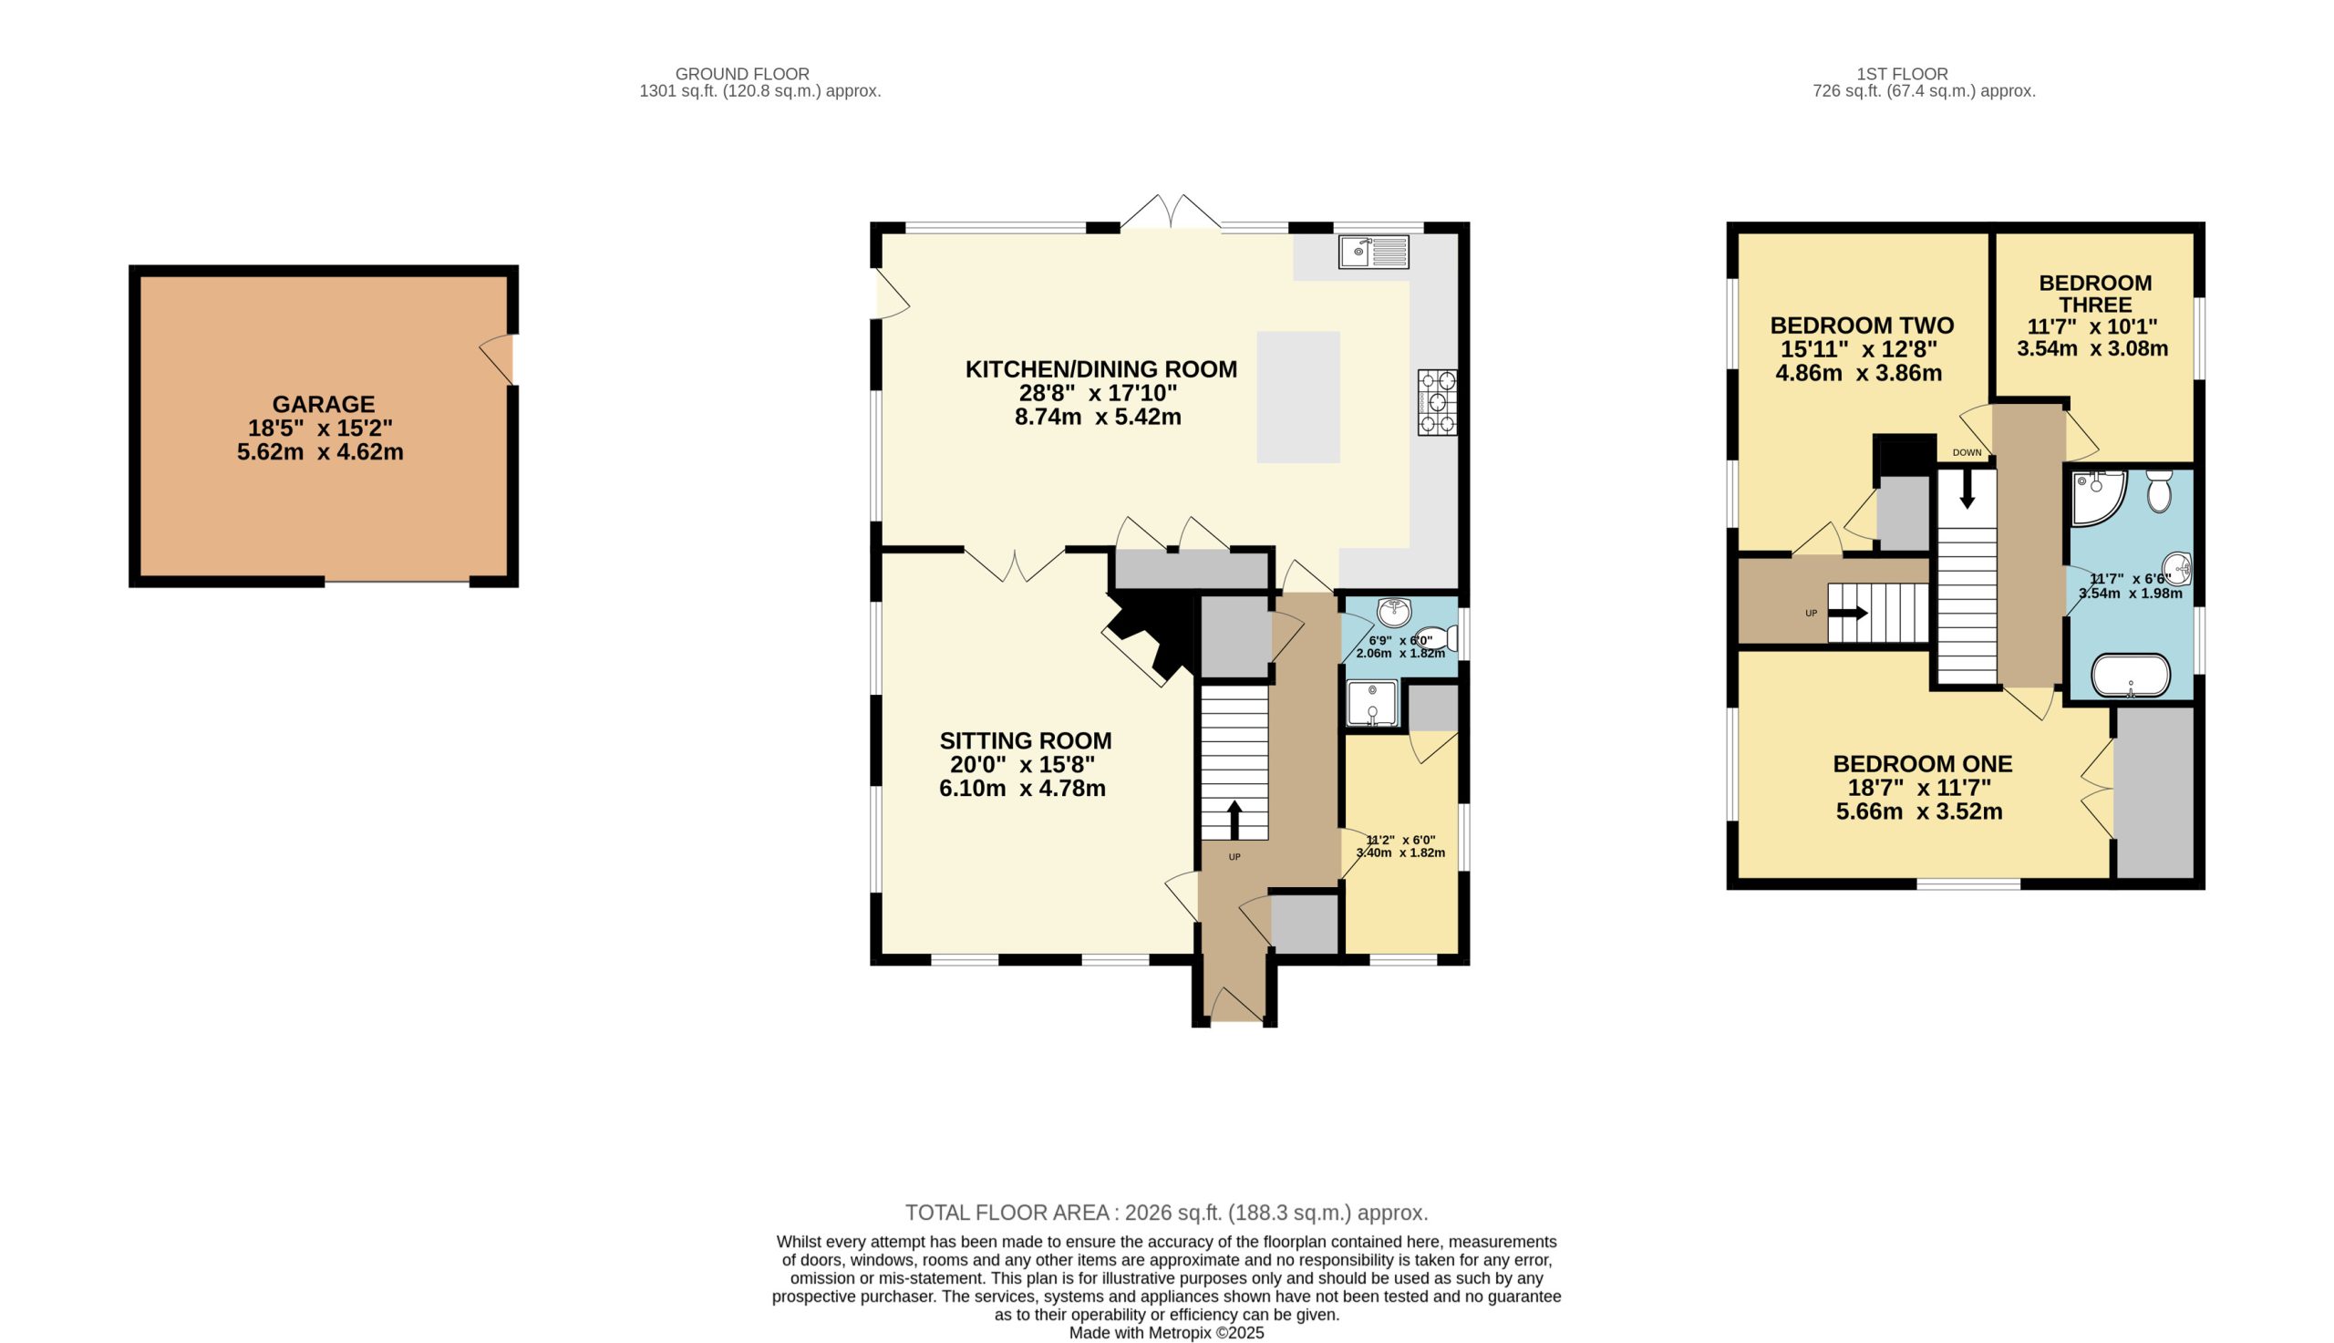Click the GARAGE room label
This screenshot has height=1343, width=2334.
point(323,405)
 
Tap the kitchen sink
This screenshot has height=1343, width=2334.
point(1374,252)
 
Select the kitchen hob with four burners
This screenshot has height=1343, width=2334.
point(1438,402)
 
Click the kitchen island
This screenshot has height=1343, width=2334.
point(1298,397)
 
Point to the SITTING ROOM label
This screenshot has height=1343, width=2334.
point(1026,740)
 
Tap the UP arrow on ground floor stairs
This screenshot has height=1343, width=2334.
point(1234,819)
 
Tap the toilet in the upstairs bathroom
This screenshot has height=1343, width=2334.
point(2159,491)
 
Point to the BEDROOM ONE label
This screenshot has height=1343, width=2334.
point(1923,764)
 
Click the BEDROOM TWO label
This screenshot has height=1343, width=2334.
point(1862,325)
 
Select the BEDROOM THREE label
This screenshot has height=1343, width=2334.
point(2095,294)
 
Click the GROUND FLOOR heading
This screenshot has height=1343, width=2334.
point(742,74)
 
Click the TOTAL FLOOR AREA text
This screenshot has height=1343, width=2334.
point(1166,1212)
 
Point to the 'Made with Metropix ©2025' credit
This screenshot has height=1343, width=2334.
point(1166,1333)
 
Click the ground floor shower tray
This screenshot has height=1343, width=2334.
point(1372,704)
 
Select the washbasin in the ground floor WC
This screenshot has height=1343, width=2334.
point(1394,611)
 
